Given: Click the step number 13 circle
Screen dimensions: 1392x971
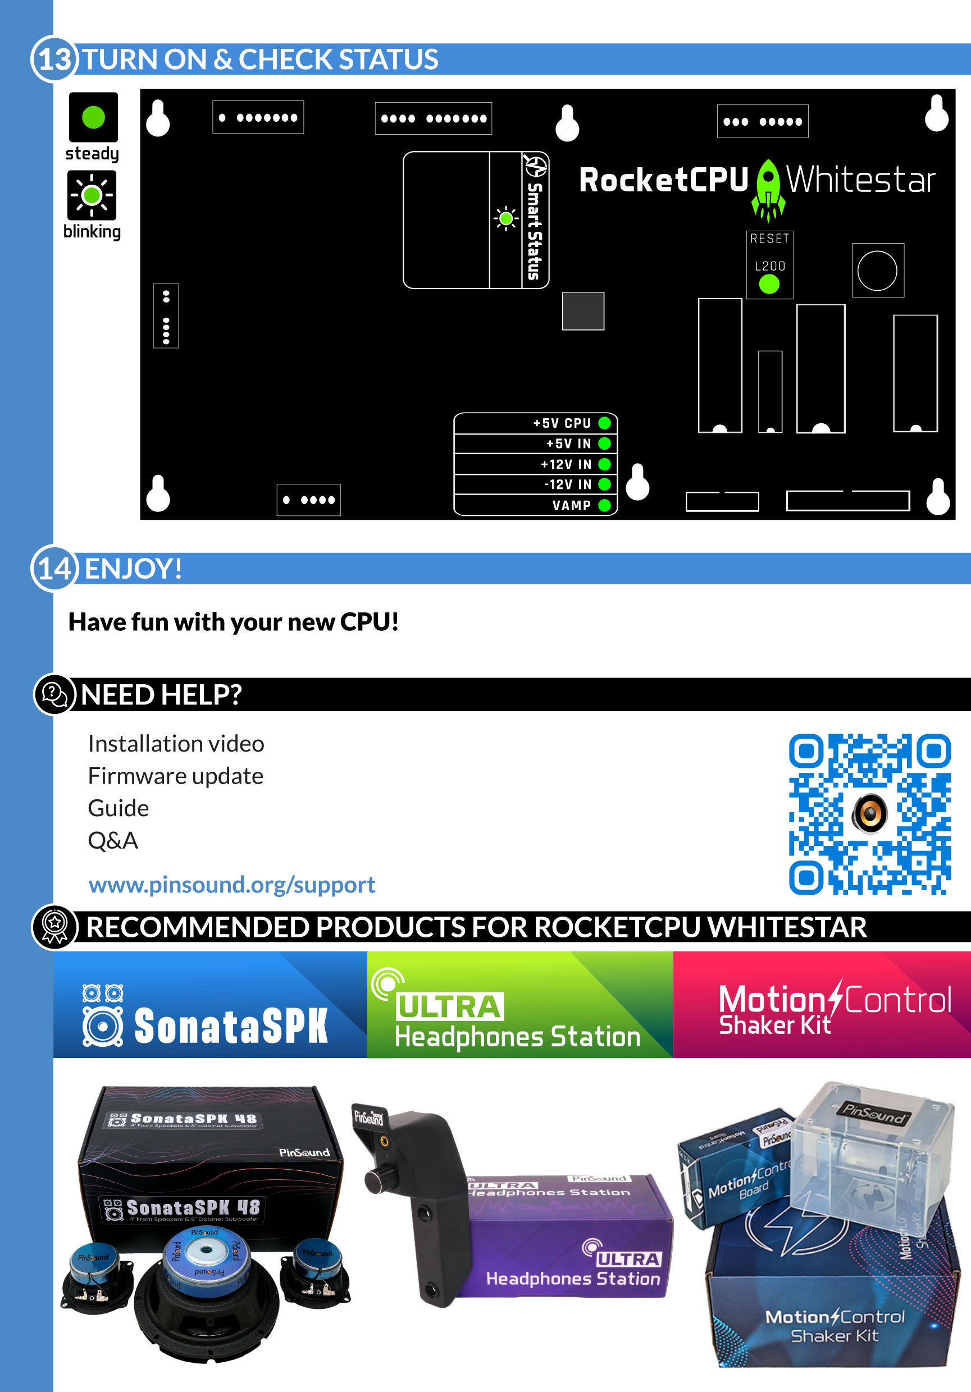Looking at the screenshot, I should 54,59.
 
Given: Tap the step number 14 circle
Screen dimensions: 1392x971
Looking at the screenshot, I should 54,568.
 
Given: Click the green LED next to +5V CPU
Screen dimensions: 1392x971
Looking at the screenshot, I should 604,423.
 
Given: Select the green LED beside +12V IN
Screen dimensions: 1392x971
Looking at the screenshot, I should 604,464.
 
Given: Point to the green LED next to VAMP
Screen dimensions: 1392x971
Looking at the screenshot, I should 604,505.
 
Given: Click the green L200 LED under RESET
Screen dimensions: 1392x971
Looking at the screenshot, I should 769,284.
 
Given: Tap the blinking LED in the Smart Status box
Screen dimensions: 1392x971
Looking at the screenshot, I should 506,218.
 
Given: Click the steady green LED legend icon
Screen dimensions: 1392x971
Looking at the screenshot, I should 93,117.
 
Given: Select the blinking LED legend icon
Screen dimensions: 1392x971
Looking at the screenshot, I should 92,195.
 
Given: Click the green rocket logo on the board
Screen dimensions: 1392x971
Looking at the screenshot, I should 768,189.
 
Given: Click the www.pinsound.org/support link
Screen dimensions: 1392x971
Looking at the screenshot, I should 232,885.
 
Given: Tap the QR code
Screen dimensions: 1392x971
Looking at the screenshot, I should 869,814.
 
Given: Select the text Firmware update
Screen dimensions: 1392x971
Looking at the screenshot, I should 175,776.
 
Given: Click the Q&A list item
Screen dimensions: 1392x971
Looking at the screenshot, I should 113,840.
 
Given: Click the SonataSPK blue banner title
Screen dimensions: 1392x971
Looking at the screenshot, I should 230,1026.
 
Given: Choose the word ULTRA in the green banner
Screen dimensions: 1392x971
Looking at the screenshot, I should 449,1007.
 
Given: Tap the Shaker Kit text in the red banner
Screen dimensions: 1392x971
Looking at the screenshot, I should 774,1025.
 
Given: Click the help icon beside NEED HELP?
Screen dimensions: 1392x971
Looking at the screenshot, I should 54,694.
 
